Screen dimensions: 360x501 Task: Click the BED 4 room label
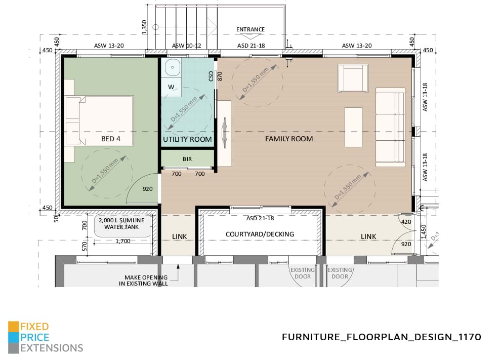coord(110,139)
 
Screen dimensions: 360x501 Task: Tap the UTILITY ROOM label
coord(187,139)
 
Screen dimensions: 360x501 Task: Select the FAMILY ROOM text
coord(289,139)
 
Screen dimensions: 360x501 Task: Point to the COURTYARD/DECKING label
coord(260,234)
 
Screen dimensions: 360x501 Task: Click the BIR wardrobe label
coord(187,159)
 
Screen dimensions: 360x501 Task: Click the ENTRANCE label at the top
coord(251,29)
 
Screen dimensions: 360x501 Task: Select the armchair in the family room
coord(353,78)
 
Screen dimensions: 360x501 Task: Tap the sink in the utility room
coord(173,67)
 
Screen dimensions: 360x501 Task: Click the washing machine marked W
coord(172,87)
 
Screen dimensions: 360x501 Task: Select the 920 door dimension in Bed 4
coord(147,189)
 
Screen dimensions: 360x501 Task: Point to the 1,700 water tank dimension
coord(122,242)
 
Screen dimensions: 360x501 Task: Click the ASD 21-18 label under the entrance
coord(251,46)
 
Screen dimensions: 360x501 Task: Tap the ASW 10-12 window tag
coord(186,46)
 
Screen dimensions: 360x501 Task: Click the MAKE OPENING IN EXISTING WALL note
coord(146,281)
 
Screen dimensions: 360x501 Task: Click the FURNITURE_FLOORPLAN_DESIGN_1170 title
coord(381,337)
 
